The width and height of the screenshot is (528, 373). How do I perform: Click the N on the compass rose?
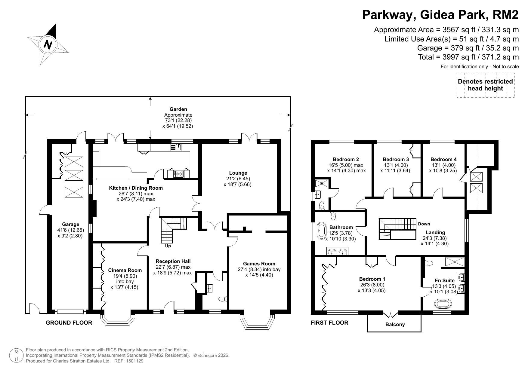coord(48,45)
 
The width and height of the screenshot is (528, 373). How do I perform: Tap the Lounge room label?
coord(238,173)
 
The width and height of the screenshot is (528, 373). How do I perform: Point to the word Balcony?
coord(395,324)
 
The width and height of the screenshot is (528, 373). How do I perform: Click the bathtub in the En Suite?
coord(443,304)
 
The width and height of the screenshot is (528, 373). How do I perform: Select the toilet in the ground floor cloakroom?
coord(223,299)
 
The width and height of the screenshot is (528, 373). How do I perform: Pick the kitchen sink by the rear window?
coord(176,147)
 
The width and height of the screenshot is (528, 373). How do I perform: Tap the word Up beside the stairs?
coord(168,246)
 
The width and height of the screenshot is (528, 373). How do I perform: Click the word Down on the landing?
coord(424,224)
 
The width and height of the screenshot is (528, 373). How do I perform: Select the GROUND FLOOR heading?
coord(69,323)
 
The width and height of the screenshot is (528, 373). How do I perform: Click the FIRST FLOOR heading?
coord(329,323)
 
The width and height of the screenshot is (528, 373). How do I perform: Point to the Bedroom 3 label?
coord(396,159)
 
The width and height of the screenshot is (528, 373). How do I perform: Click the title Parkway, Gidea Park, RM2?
coord(440,14)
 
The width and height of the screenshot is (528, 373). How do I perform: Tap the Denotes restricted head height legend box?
coord(485,85)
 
